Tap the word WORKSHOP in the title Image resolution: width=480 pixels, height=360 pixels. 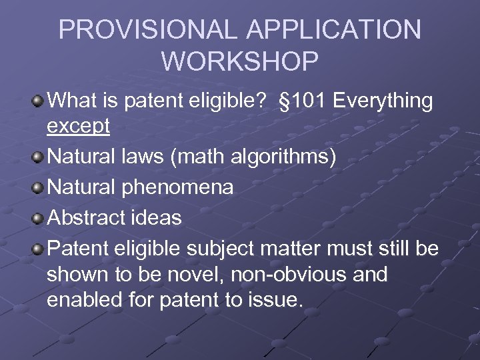pos(240,61)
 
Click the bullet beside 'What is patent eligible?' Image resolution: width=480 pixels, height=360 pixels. pos(39,102)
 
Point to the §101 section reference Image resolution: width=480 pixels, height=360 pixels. pos(303,101)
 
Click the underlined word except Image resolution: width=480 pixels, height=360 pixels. pos(78,127)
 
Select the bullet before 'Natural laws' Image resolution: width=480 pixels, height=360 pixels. pos(39,158)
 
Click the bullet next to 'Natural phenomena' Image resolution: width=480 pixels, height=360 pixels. pos(39,188)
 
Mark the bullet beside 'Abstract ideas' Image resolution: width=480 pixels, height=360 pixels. pos(39,218)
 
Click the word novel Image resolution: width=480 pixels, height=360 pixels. pos(192,274)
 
